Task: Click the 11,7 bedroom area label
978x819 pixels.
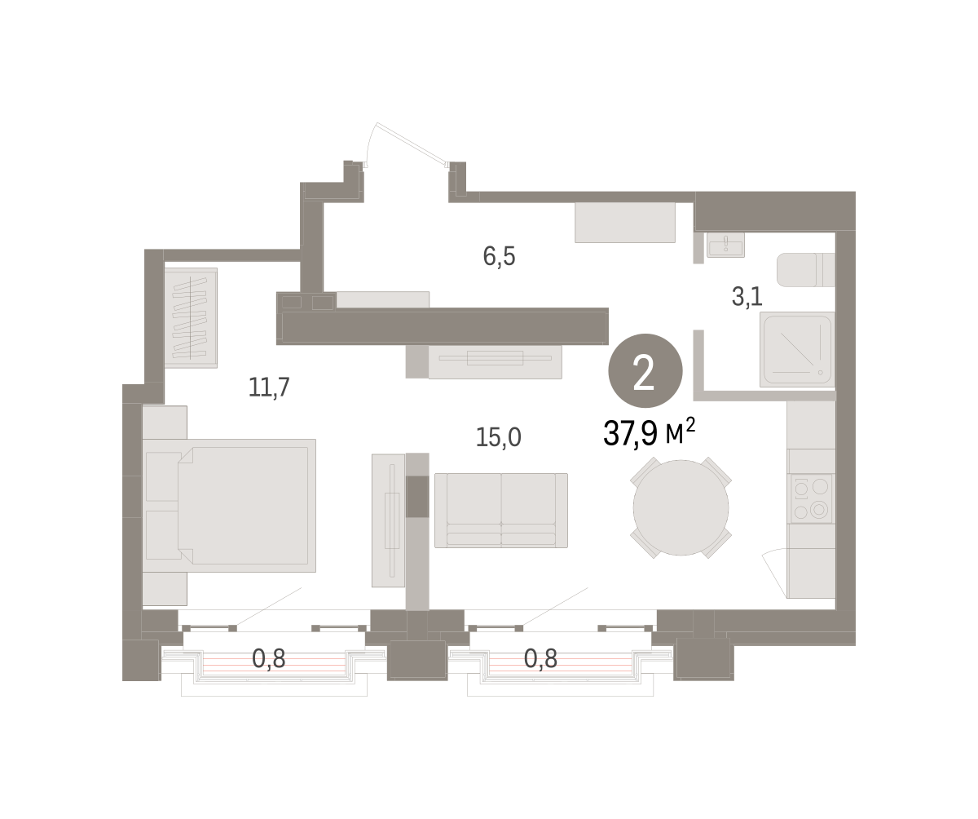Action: point(269,387)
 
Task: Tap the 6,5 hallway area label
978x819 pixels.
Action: point(499,256)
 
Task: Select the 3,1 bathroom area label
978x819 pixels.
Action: point(747,296)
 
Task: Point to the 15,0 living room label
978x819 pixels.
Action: point(498,437)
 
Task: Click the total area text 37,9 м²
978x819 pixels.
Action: point(649,432)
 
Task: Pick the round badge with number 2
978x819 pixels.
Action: point(645,370)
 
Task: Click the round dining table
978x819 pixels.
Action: point(681,507)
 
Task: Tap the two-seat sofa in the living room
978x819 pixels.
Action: point(501,510)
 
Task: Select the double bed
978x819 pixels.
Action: point(229,506)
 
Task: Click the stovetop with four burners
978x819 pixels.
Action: point(811,498)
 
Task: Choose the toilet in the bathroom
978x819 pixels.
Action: point(806,269)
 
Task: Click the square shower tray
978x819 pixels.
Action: point(797,349)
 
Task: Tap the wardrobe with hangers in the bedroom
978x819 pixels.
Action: point(191,318)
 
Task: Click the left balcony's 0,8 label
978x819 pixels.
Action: point(268,658)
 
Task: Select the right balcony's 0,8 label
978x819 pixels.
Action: point(540,658)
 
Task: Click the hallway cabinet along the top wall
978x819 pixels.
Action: point(625,222)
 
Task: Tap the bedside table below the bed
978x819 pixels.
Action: point(165,588)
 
